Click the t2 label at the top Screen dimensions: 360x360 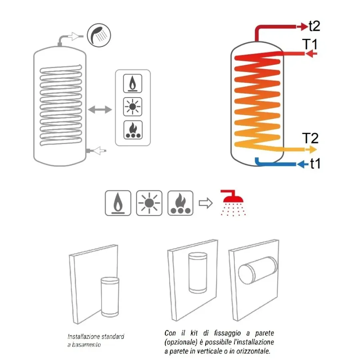pos(314,26)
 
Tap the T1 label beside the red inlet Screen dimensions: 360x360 pos(310,44)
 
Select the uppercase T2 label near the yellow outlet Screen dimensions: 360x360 pos(310,138)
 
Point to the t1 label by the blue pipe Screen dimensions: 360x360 pos(315,164)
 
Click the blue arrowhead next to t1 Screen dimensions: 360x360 pos(301,164)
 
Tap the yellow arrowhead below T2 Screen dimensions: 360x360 pos(313,150)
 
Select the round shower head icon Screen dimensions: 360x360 pos(99,35)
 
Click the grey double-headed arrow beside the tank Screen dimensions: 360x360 pos(100,110)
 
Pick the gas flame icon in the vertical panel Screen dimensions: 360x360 pos(133,84)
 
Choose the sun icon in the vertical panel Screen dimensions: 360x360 pos(133,107)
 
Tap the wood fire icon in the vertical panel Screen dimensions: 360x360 pos(133,130)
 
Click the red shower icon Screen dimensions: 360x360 pos(232,203)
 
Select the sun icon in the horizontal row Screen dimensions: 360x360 pos(149,203)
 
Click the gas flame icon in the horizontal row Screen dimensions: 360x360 pos(118,203)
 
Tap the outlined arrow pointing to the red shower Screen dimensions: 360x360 pos(206,203)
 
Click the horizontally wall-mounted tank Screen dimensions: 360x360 pos(258,270)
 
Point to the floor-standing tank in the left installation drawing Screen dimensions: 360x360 pos(110,297)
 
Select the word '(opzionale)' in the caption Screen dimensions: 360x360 pos(181,342)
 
